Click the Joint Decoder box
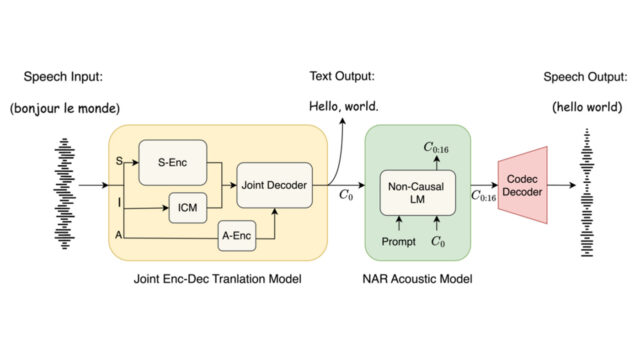[x=273, y=183]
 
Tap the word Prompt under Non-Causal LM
[x=398, y=241]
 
